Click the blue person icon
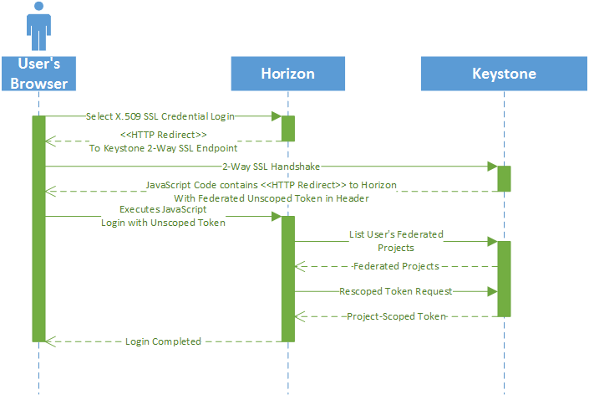(38, 27)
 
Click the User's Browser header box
(38, 73)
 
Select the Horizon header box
(287, 74)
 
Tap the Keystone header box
(504, 74)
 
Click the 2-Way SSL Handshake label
(272, 167)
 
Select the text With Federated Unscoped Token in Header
(272, 198)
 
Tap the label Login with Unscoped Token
(163, 223)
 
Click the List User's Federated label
(396, 234)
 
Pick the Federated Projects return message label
(396, 266)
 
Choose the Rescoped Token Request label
(396, 291)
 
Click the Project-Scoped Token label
(396, 315)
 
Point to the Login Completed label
(163, 341)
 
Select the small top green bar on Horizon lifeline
(287, 128)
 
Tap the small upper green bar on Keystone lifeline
(504, 178)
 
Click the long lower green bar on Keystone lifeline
(504, 279)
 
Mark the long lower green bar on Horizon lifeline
(287, 279)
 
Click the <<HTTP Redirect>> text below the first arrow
(163, 134)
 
